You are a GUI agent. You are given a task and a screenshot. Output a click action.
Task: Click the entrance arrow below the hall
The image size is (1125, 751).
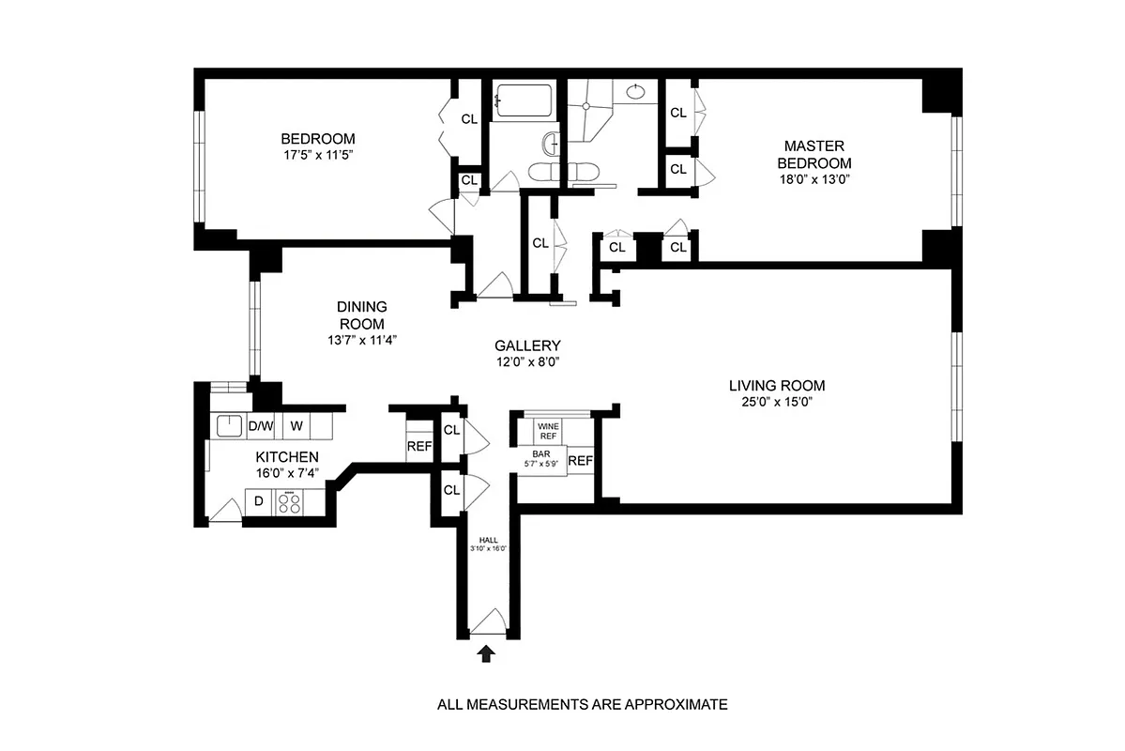pos(486,654)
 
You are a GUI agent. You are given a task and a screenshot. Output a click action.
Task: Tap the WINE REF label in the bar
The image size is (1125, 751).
pos(548,432)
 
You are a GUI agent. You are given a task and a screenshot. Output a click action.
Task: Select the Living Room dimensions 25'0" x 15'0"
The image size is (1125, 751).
pos(777,403)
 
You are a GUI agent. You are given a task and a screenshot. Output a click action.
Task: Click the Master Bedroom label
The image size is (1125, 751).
pos(814,154)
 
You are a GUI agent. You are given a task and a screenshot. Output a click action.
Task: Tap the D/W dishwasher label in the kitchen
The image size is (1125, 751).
pos(260,426)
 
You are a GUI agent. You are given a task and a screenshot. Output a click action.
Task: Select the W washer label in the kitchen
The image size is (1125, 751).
pos(296,426)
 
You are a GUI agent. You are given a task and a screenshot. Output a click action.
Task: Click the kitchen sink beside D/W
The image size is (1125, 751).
pos(228,426)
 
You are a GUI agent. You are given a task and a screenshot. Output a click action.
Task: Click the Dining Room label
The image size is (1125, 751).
pos(361,314)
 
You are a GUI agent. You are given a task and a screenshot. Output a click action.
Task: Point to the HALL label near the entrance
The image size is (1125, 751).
pos(488,541)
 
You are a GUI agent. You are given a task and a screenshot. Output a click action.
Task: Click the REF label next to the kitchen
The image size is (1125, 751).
pos(418,447)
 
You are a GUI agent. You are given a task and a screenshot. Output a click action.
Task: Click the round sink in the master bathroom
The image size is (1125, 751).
pos(635,92)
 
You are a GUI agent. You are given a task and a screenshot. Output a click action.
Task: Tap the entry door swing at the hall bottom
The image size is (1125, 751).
pos(489,622)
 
